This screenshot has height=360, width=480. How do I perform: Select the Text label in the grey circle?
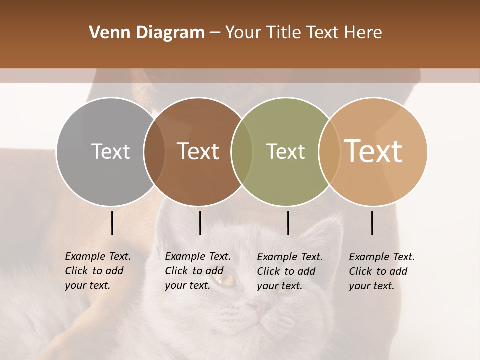point(110,151)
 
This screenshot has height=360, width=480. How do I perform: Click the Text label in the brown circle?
point(198,151)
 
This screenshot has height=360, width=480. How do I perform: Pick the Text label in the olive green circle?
point(285,151)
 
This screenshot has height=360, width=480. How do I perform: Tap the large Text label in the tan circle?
point(373,151)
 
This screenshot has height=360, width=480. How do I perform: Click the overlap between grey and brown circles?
point(154,151)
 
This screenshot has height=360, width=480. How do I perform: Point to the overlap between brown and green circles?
point(242,151)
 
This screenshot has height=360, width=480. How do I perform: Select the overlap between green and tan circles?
point(329,151)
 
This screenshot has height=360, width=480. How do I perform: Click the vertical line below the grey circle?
point(112,223)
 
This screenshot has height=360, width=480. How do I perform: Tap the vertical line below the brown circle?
point(200,223)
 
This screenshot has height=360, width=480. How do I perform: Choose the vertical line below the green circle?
point(288,223)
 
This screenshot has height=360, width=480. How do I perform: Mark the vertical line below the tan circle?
point(372,223)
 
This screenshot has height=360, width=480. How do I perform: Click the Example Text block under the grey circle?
point(97,271)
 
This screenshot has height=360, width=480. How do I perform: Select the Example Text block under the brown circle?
point(197,271)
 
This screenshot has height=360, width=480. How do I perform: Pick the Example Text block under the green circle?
point(289,271)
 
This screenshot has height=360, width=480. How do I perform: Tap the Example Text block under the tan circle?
point(381,271)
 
